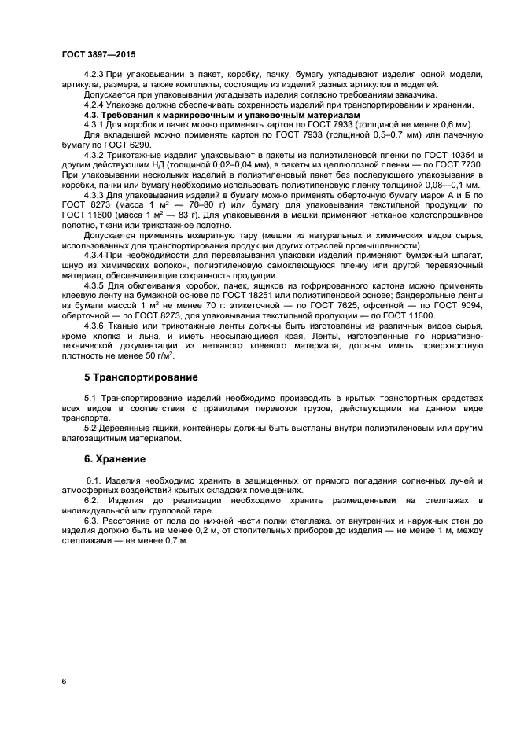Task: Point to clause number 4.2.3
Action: coord(95,74)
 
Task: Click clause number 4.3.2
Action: coord(95,154)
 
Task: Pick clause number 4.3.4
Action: coord(95,256)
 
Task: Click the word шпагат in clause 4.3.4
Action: coord(460,256)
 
